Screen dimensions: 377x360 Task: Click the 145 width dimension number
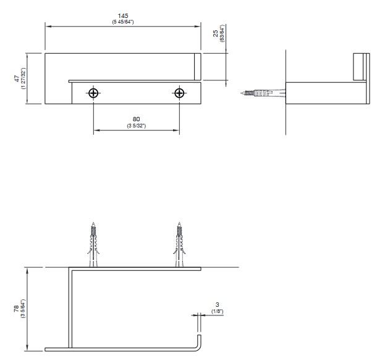(123, 16)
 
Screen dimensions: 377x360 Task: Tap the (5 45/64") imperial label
(123, 22)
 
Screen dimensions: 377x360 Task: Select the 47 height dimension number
(17, 79)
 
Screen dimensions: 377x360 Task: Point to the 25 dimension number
(216, 33)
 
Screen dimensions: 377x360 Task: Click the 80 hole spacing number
(137, 119)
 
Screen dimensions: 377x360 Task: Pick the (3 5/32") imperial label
(137, 126)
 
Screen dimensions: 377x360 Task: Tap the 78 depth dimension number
(16, 309)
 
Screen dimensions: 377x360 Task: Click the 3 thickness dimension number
(218, 305)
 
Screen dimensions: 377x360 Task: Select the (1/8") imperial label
(218, 311)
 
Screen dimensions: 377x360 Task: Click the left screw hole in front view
(93, 93)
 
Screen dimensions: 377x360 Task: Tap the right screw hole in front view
(179, 93)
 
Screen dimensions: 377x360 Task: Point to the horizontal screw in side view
(263, 93)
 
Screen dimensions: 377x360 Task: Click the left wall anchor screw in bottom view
(93, 244)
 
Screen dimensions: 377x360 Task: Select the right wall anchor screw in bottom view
(179, 244)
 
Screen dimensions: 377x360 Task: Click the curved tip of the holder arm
(198, 346)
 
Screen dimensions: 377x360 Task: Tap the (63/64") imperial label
(222, 33)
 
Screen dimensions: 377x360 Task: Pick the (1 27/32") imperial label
(23, 79)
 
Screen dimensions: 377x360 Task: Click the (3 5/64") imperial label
(23, 309)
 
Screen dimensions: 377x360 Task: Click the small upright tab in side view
(358, 67)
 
